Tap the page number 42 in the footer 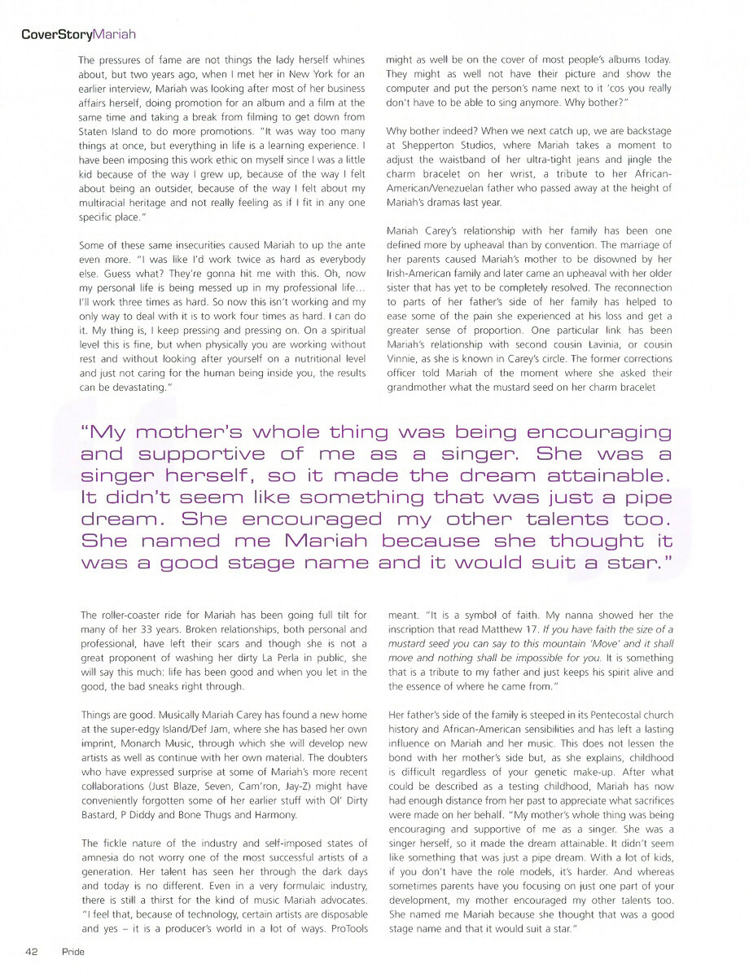33,950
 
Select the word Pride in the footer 72,950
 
